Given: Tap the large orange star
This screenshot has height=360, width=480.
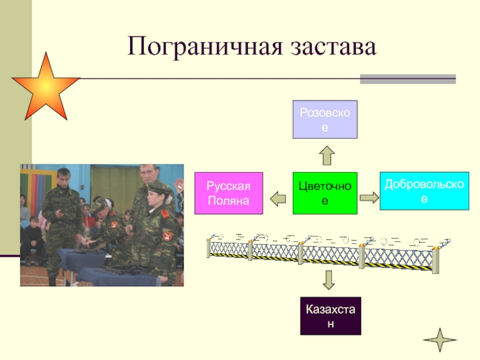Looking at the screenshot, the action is coord(46,86).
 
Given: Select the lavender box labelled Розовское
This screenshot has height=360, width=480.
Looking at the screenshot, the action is coord(325,119).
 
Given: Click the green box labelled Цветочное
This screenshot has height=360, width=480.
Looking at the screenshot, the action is coord(325,193).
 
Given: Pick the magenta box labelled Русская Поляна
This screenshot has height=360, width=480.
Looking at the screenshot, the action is coord(229,193).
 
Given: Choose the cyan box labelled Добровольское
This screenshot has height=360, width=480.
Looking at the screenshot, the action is coord(424,190).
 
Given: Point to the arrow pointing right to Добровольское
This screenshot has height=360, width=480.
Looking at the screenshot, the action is coord(368,197).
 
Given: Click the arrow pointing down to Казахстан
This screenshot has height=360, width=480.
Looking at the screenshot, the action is coord(328,280).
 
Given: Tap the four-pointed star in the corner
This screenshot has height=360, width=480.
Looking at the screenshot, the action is coord(440,340).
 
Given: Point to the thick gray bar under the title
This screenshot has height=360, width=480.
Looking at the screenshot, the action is coord(407,79).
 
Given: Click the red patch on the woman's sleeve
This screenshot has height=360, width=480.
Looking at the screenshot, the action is coord(169,235).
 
